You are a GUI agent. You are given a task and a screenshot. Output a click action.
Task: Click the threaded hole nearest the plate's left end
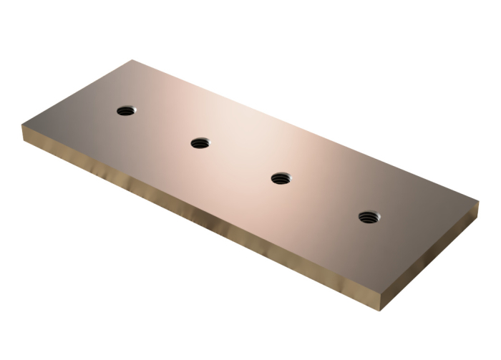[x=126, y=111]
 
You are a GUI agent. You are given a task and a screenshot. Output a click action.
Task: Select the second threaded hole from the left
[x=200, y=143]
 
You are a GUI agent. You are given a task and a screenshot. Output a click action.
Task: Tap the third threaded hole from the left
[x=281, y=178]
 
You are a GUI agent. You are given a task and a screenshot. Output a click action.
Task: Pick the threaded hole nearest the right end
[x=369, y=215]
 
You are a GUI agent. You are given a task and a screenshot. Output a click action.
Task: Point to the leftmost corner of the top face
[x=23, y=125]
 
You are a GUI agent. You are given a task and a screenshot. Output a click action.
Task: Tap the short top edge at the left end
[x=77, y=92]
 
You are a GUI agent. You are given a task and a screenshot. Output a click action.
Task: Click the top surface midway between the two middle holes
[x=240, y=161]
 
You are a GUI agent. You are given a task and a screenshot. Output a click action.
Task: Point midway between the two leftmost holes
[x=163, y=127]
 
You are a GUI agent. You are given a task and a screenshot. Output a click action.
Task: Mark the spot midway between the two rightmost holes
[x=325, y=197]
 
